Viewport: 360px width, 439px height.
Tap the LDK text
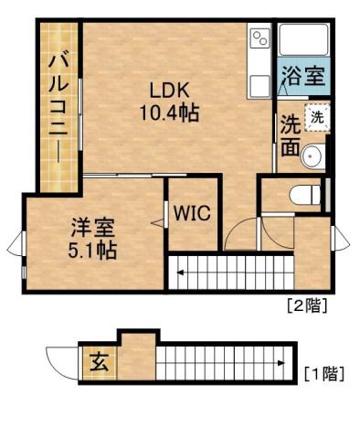(x=169, y=91)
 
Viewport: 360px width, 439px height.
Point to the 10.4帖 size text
(x=169, y=113)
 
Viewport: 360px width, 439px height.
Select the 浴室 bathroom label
(x=302, y=77)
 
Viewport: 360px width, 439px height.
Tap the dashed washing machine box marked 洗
(x=316, y=117)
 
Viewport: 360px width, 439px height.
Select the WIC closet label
(x=192, y=214)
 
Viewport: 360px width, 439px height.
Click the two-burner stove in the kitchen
(x=260, y=38)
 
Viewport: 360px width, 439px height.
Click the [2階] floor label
(x=308, y=305)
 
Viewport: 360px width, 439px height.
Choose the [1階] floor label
(x=323, y=372)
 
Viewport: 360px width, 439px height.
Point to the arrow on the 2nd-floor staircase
(x=183, y=273)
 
